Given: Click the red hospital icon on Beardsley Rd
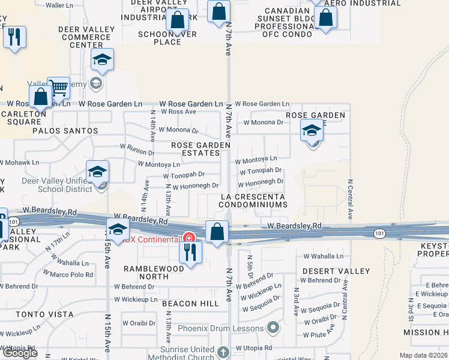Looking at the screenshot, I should point(188,238).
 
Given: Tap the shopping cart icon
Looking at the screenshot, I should point(58,88).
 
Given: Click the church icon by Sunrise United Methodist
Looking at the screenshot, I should point(223,352).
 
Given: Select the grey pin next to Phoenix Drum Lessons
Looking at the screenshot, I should point(274,328).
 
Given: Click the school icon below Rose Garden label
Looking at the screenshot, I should point(312,130).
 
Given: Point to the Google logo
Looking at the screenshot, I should point(20,353).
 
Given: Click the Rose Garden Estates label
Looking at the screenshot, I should point(200,149).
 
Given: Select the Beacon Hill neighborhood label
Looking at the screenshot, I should point(190,304).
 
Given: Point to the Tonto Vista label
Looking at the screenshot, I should point(44,314).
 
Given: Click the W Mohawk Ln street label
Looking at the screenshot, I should point(20,162).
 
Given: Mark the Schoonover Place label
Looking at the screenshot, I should point(167,38).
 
